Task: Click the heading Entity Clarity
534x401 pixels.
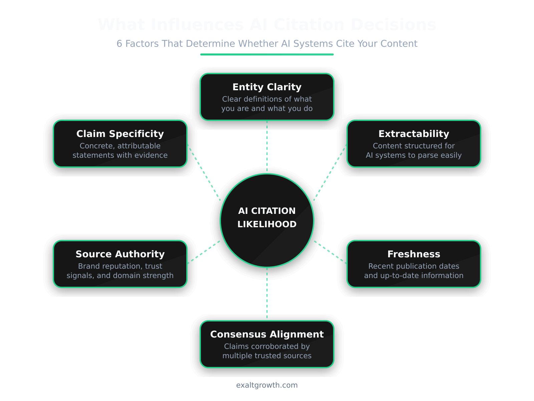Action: [267, 87]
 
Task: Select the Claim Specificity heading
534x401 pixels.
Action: [120, 134]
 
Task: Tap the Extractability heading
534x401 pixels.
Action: [414, 134]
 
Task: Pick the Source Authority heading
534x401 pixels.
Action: [120, 254]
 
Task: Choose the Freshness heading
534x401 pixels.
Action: [414, 254]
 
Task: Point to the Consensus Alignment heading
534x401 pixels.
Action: [267, 335]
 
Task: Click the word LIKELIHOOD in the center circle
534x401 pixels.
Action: [267, 224]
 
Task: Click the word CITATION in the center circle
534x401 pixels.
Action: [273, 211]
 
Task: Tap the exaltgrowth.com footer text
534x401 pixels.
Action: [267, 385]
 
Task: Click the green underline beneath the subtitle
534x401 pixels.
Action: [267, 54]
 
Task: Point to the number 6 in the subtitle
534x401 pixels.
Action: [119, 44]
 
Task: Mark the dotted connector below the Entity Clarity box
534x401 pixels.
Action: [267, 146]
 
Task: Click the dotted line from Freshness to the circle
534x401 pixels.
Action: [330, 252]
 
